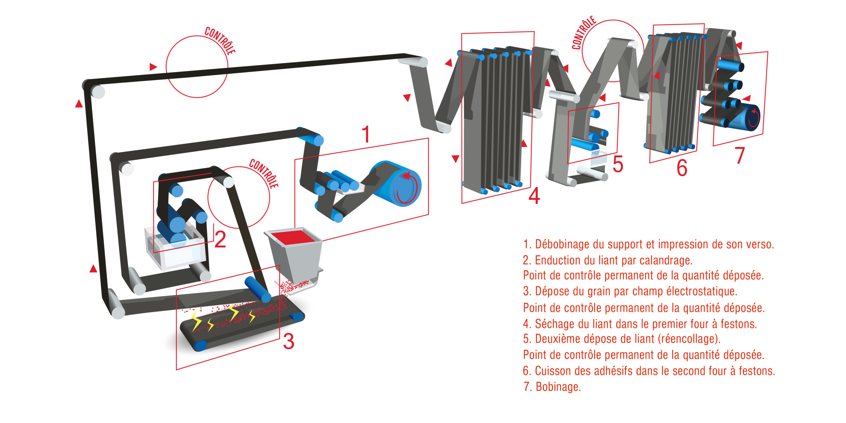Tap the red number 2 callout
click(x=220, y=239)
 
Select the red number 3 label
click(x=288, y=341)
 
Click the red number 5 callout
click(x=618, y=164)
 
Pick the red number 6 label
click(x=682, y=168)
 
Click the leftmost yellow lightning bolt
click(x=196, y=320)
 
